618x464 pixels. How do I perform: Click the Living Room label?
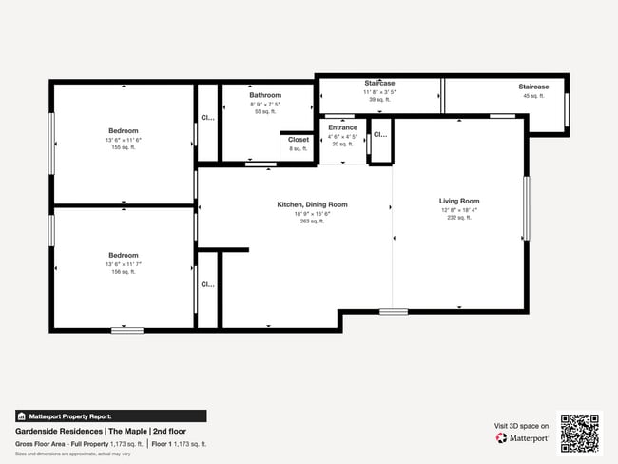[458, 201]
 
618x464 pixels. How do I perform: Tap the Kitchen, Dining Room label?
[312, 204]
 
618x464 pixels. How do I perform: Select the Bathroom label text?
[265, 95]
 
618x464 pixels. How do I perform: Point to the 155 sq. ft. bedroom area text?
[123, 147]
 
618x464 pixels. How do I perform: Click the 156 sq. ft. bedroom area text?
[123, 272]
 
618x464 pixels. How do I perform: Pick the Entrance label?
[342, 127]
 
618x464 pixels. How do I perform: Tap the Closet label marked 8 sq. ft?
[299, 140]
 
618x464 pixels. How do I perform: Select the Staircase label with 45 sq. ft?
[533, 87]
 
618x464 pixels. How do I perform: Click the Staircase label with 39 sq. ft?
[379, 84]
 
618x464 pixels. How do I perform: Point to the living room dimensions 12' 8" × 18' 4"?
[458, 210]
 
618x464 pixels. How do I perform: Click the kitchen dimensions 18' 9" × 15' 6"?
[312, 213]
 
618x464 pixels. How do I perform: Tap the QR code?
[580, 433]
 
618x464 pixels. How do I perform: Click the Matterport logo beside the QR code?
[522, 438]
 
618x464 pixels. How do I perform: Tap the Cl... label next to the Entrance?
[379, 135]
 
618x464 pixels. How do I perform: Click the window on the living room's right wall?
[526, 207]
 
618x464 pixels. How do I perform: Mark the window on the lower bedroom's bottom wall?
[126, 330]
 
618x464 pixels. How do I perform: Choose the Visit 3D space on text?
[521, 426]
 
